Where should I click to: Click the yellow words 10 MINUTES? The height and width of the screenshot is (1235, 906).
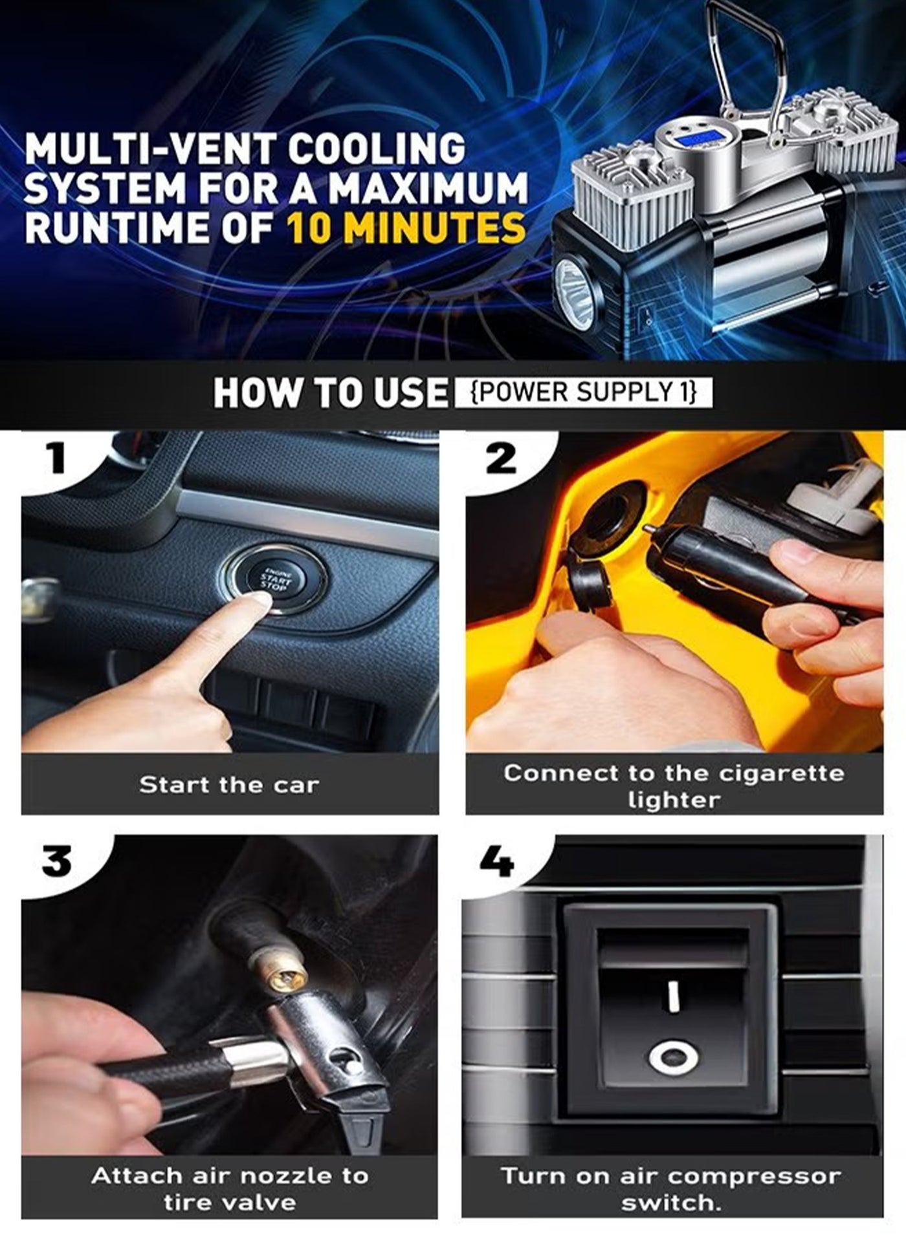point(405,229)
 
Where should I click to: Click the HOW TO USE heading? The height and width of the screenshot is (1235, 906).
point(330,393)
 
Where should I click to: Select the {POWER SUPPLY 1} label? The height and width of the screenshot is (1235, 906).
point(584,392)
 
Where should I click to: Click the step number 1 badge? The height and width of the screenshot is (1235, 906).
point(58,458)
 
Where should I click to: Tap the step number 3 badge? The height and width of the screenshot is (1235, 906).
point(56,861)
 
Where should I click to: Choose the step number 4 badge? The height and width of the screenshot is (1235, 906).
point(496,861)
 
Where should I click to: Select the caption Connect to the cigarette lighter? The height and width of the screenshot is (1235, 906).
point(674,786)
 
